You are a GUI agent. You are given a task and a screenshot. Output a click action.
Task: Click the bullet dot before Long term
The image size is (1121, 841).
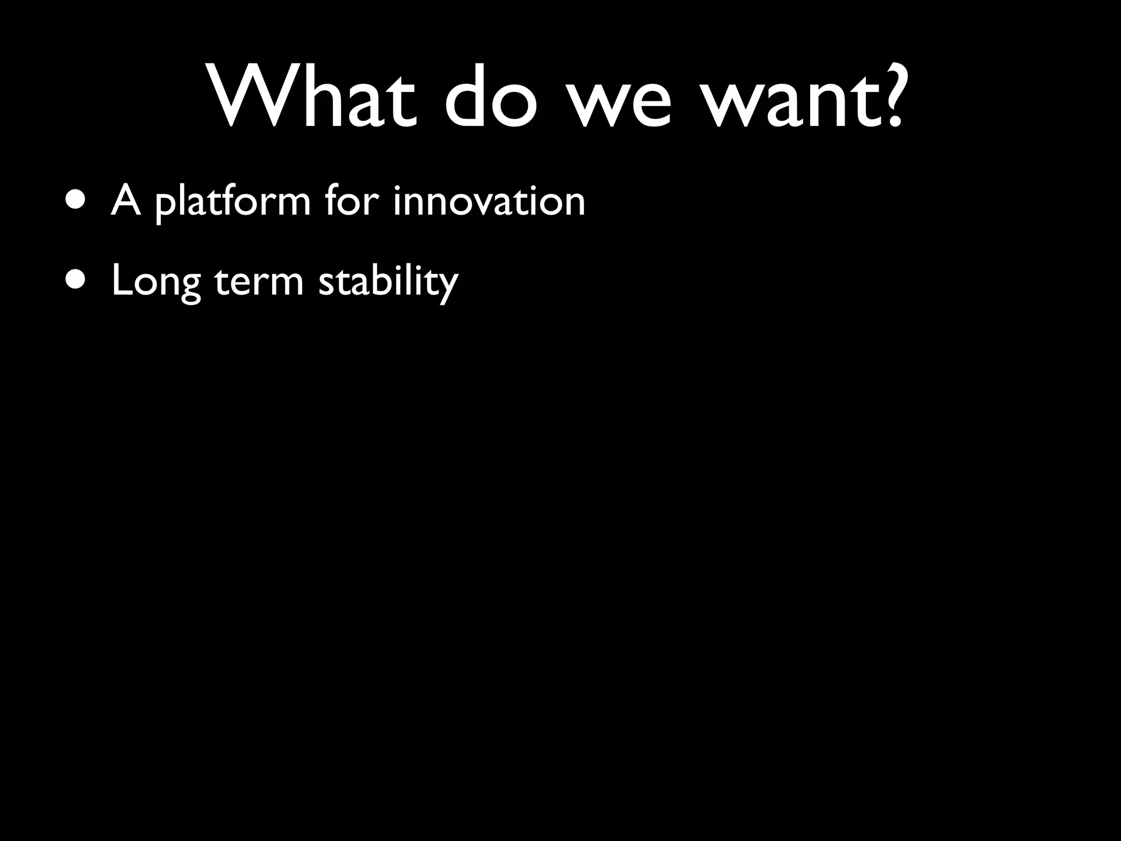tap(74, 280)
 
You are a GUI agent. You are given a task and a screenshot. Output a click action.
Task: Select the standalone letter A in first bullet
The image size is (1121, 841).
tap(125, 200)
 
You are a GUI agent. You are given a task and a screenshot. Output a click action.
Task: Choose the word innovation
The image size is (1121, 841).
tap(489, 200)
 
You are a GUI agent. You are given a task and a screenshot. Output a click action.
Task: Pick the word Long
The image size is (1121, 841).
tap(156, 281)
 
